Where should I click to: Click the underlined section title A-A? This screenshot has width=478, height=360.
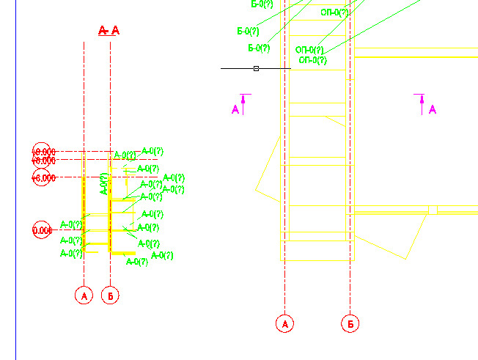point(109,30)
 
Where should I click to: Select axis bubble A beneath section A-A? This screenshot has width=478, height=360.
point(84,295)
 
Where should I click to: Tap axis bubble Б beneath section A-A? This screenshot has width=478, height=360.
point(110,295)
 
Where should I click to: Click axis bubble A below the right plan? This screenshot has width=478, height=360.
point(284,323)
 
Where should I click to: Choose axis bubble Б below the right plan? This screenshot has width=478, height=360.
point(351,323)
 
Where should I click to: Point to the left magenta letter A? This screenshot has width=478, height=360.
point(235,110)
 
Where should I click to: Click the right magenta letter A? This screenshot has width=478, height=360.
point(433,110)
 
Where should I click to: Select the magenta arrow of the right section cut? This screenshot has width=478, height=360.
point(422,103)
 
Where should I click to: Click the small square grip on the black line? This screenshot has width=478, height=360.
point(256,68)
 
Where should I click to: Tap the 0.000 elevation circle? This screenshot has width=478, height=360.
point(42,231)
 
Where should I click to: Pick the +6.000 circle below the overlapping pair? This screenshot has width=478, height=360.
point(43,177)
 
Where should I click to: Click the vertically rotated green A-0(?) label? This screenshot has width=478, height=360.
point(103,183)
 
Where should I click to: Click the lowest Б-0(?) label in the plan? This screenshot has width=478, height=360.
point(259,48)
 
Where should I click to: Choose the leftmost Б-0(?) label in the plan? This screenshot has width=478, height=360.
point(248,32)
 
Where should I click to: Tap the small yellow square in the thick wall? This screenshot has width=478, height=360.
point(433,210)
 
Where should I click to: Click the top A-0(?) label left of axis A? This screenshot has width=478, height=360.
point(71,225)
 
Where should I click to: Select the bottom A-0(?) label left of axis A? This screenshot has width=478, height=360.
point(71,254)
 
